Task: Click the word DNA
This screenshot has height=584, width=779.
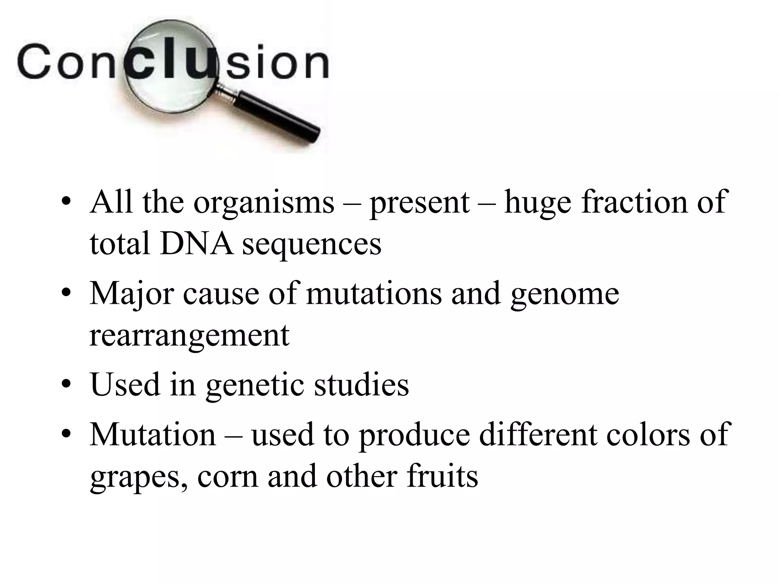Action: click(x=196, y=243)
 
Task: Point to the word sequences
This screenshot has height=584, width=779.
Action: click(x=312, y=245)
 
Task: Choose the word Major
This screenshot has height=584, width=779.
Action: click(x=132, y=294)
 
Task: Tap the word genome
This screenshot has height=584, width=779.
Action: click(x=564, y=294)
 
